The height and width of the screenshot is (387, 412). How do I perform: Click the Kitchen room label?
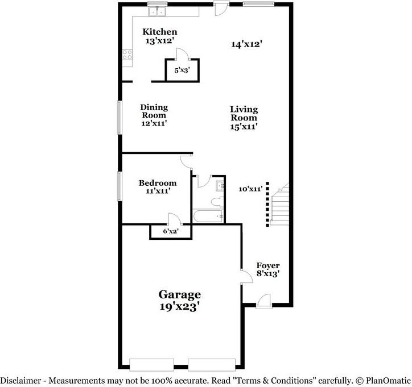160,32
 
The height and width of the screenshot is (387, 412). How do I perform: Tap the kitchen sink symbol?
157,11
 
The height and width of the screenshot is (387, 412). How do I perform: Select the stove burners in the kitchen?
127,55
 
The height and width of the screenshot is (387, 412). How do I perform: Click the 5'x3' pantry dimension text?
182,70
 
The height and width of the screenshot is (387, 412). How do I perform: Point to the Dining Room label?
154,111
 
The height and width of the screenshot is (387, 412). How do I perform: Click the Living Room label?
244,113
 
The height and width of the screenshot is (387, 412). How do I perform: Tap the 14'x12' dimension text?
247,44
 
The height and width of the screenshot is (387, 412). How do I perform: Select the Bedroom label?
158,183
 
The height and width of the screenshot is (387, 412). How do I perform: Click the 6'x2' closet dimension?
171,231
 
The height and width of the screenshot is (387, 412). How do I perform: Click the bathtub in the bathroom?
208,217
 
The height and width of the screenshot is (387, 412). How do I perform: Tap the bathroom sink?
220,186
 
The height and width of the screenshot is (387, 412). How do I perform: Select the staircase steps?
280,205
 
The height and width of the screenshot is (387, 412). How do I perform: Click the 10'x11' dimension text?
250,189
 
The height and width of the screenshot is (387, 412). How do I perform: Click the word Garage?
180,294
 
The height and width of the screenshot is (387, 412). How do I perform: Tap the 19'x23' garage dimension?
179,306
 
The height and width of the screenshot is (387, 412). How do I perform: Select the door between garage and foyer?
247,276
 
